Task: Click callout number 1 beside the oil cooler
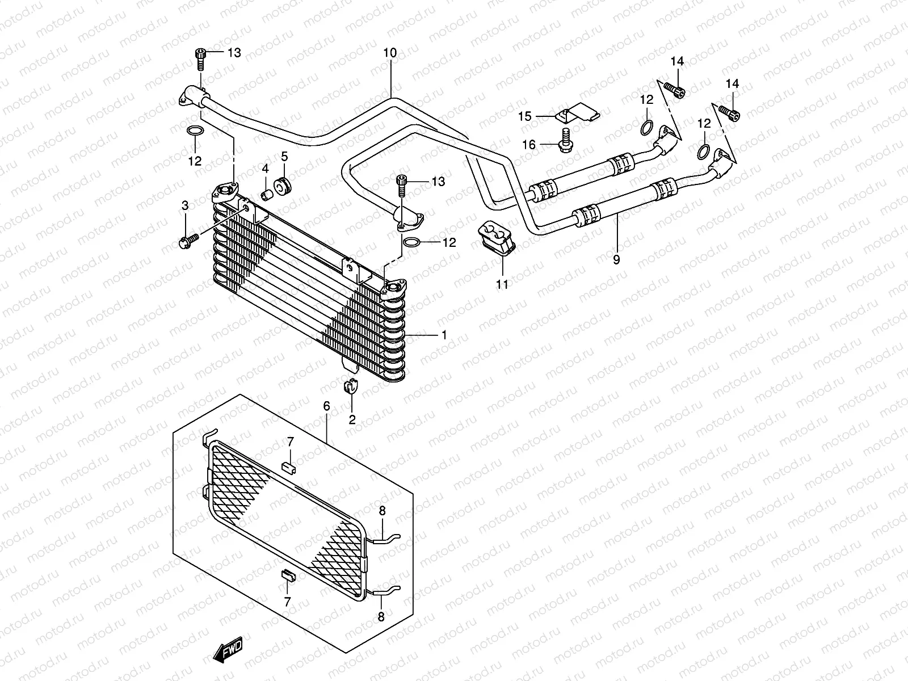[x=444, y=335]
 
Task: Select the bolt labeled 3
[x=188, y=241]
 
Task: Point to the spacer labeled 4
[x=266, y=195]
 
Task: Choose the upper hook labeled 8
[x=388, y=536]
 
